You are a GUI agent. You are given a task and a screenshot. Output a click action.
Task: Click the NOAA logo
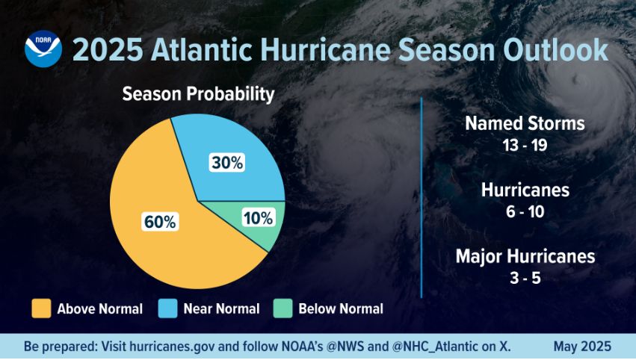43,49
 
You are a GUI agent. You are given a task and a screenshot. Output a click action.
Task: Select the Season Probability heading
198,95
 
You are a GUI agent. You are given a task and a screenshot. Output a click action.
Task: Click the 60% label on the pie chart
159,222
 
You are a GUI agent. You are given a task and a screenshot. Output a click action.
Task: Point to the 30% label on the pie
226,162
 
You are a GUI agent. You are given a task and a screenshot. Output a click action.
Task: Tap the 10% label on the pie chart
259,218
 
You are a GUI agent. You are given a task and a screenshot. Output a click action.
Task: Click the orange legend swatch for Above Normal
41,308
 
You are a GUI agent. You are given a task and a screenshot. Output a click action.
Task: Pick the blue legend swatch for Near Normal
167,308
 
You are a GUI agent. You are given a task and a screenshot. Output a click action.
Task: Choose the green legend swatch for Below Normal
283,308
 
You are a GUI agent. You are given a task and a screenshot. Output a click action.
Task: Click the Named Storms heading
525,123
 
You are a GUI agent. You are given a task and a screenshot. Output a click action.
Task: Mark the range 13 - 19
525,144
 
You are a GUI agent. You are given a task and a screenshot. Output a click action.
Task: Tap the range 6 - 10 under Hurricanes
525,211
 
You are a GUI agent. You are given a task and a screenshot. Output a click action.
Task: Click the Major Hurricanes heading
525,256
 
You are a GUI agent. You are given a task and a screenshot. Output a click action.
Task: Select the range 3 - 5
525,278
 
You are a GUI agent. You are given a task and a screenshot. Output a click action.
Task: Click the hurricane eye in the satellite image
579,81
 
